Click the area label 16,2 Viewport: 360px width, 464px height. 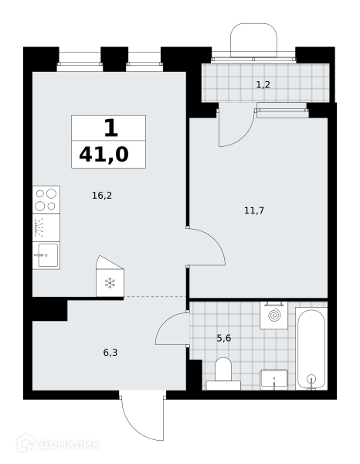[102, 196]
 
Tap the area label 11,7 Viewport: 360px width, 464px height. [254, 210]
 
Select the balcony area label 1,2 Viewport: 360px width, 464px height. [263, 85]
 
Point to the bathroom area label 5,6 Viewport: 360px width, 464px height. [224, 338]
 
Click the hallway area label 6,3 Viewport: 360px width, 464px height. [110, 353]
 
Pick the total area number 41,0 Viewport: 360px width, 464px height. [104, 155]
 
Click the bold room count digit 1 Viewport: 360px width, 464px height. [111, 128]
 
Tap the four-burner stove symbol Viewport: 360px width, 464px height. [46, 200]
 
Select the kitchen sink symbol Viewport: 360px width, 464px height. [46, 255]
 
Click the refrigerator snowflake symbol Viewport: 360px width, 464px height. [110, 283]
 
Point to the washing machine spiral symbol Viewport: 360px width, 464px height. [274, 315]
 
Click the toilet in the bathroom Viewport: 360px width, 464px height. [223, 374]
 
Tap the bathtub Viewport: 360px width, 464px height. [311, 349]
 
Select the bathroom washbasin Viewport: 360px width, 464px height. [274, 380]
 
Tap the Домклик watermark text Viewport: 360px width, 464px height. [68, 444]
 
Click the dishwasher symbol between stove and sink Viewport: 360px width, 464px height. [46, 227]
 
